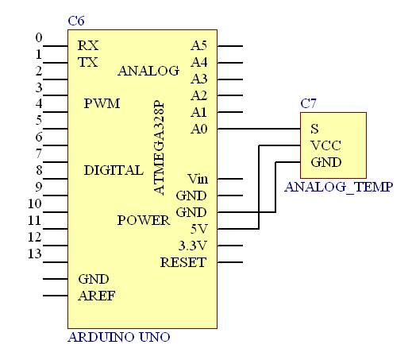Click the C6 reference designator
pos(76,21)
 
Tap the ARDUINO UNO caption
pos(119,337)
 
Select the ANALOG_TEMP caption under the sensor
pos(338,187)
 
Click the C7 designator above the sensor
pos(308,103)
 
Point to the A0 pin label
pos(198,129)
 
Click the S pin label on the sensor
pos(314,129)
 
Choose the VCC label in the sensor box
pos(325,145)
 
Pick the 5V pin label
pos(199,229)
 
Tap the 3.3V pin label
pos(193,246)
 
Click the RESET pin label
pos(183,262)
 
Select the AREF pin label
pos(97,296)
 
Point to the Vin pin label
pos(198,179)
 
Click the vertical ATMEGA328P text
pos(159,147)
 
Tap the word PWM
pos(102,103)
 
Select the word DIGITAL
pos(114,170)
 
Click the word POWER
pos(144,220)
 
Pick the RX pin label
pos(88,45)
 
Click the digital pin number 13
pos(35,254)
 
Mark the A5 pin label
pos(198,45)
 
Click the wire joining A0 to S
pos(259,129)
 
